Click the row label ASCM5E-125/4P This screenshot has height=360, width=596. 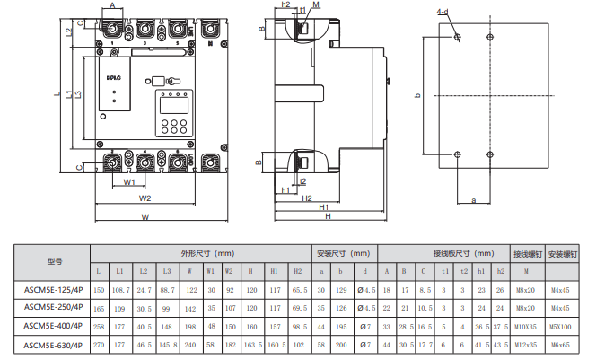click(52, 289)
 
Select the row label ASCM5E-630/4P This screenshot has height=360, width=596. click(52, 344)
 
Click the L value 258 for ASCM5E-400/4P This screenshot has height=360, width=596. click(99, 326)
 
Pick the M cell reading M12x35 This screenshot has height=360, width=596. click(526, 344)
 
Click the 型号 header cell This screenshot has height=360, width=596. click(52, 261)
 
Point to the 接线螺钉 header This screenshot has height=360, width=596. click(526, 253)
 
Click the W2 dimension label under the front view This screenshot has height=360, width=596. click(145, 198)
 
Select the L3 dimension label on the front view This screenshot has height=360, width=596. click(79, 95)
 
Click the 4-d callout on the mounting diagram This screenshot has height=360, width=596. click(443, 12)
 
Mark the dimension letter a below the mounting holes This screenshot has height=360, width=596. click(473, 200)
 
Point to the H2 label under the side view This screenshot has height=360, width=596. click(306, 198)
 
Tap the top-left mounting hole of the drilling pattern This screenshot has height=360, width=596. click(458, 37)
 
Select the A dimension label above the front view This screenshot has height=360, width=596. click(112, 5)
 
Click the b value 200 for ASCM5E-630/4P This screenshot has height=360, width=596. click(341, 344)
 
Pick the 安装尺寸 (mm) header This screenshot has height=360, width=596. click(345, 253)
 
